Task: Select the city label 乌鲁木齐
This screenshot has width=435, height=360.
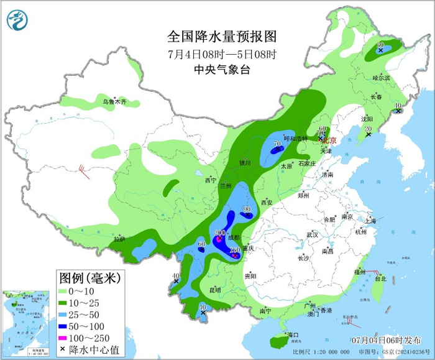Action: (114, 101)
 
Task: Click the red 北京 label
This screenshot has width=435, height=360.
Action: (327, 140)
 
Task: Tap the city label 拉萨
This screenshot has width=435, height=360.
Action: (120, 239)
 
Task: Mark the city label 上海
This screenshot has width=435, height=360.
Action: (370, 221)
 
